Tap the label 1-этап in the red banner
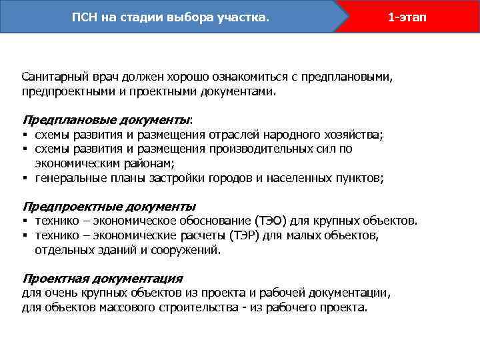pyautogui.click(x=406, y=16)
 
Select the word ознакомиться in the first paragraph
pyautogui.click(x=237, y=77)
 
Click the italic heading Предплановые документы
pyautogui.click(x=106, y=120)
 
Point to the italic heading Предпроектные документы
pyautogui.click(x=109, y=206)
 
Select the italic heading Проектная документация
pyautogui.click(x=102, y=278)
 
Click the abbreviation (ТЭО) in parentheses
pyautogui.click(x=270, y=220)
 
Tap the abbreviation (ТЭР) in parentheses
pyautogui.click(x=247, y=235)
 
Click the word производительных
pyautogui.click(x=251, y=149)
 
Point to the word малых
pyautogui.click(x=305, y=235)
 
